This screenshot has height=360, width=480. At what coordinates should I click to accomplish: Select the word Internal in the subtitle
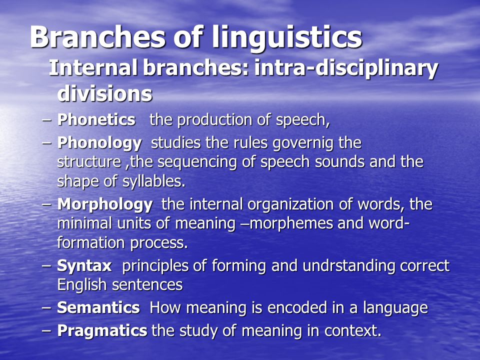coord(93,67)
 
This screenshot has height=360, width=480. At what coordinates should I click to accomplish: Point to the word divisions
coord(104,93)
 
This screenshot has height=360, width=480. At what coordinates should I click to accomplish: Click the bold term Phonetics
coord(96,119)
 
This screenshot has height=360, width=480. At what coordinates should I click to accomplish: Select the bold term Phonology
coord(99,143)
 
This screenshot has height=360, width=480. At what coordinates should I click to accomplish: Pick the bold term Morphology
coord(105,205)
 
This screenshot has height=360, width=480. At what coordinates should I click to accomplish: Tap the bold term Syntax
coord(84,266)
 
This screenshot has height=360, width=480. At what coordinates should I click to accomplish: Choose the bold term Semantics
coord(98,307)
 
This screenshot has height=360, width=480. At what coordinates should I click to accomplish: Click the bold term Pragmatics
coord(102,331)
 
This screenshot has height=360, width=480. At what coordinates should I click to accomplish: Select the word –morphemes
coord(291,223)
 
